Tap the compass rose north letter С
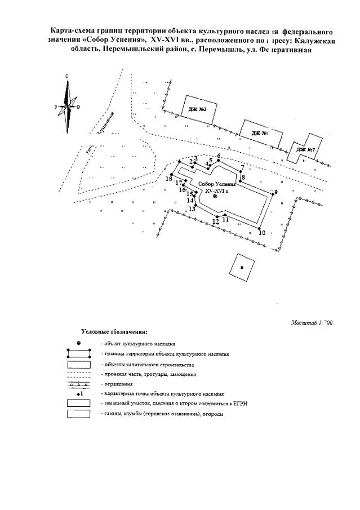67,76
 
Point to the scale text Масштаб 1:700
312,323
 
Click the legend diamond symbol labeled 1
79,394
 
